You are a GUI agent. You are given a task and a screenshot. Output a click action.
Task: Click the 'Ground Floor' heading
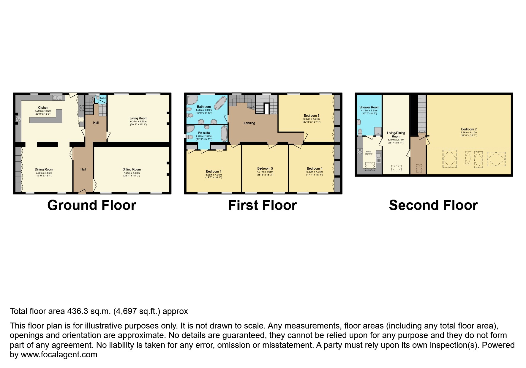coord(91,205)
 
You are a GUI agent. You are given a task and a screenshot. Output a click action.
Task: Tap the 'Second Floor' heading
coord(433,205)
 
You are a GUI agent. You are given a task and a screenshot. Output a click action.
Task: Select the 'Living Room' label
coord(138,118)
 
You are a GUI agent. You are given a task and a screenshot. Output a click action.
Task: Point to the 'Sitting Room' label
coord(132,169)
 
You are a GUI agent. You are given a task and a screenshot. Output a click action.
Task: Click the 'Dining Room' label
coord(44,169)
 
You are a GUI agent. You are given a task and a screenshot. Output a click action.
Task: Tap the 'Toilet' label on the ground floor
coord(102,98)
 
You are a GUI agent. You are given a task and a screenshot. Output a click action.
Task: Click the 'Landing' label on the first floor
coord(249,123)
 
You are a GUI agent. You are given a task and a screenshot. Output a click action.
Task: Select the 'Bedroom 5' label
coord(265,168)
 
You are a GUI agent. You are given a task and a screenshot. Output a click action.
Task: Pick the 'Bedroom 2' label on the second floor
coord(469,129)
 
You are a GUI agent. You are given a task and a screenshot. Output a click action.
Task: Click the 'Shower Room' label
coord(369,107)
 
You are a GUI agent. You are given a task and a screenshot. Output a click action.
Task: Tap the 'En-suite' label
coord(204,133)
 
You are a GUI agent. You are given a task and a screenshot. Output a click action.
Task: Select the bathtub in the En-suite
coord(224,134)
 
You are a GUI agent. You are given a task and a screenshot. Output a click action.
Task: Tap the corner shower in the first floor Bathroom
coord(191,100)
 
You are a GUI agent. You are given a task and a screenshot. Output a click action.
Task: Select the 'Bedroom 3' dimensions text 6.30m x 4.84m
coord(312,119)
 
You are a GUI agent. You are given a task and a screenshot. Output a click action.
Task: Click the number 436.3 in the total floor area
coord(75,311)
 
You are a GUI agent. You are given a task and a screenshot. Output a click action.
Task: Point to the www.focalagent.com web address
coord(59,355)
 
